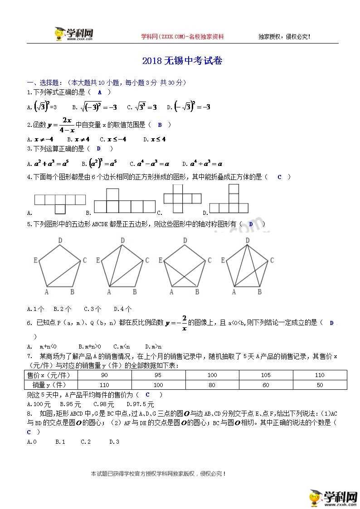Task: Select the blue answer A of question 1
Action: [x=100, y=92]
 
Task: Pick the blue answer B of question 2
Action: [x=160, y=125]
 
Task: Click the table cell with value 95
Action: [x=158, y=375]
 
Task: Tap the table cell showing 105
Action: [x=266, y=375]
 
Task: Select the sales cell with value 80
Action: [x=212, y=385]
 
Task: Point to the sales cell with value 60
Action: [x=266, y=385]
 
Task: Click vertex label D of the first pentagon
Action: [x=60, y=241]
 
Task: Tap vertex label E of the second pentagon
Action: [x=98, y=260]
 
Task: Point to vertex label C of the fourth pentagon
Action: [x=272, y=260]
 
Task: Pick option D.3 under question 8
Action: [x=114, y=441]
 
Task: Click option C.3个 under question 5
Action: [x=92, y=309]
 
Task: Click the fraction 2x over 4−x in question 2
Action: [x=68, y=125]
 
